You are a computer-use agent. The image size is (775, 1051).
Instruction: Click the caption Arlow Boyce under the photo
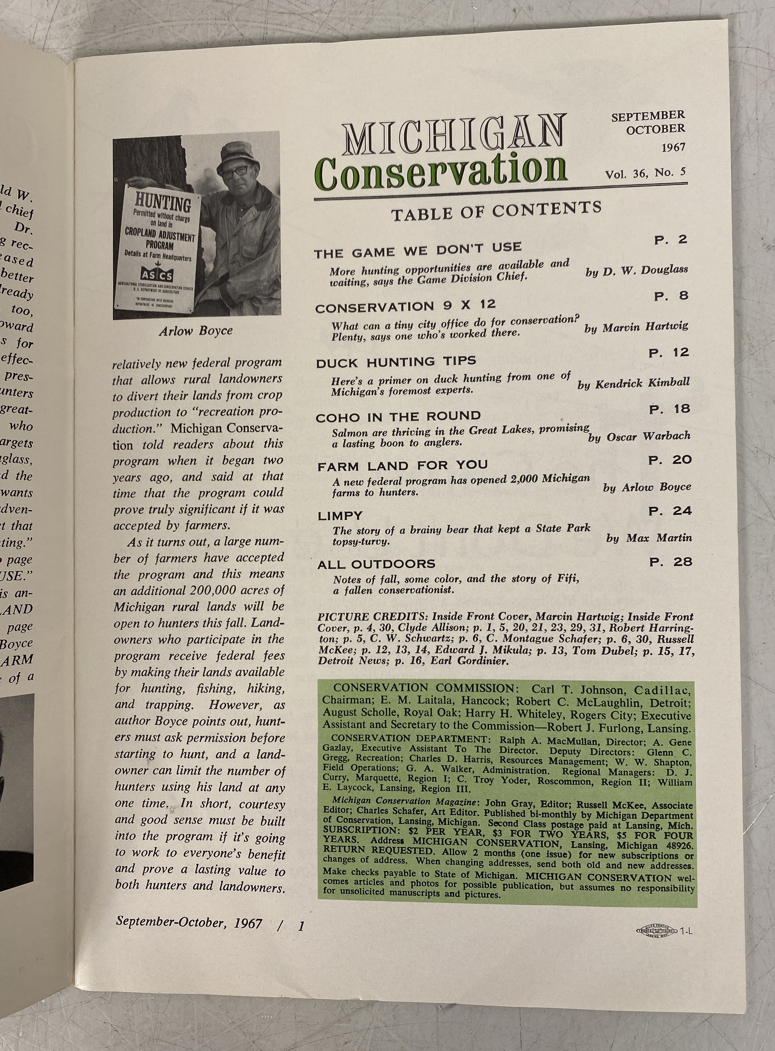196,331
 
